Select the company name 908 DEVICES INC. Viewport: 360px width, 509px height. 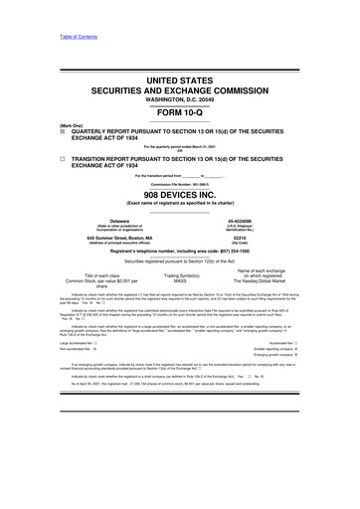click(x=180, y=199)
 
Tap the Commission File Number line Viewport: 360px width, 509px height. click(x=180, y=187)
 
